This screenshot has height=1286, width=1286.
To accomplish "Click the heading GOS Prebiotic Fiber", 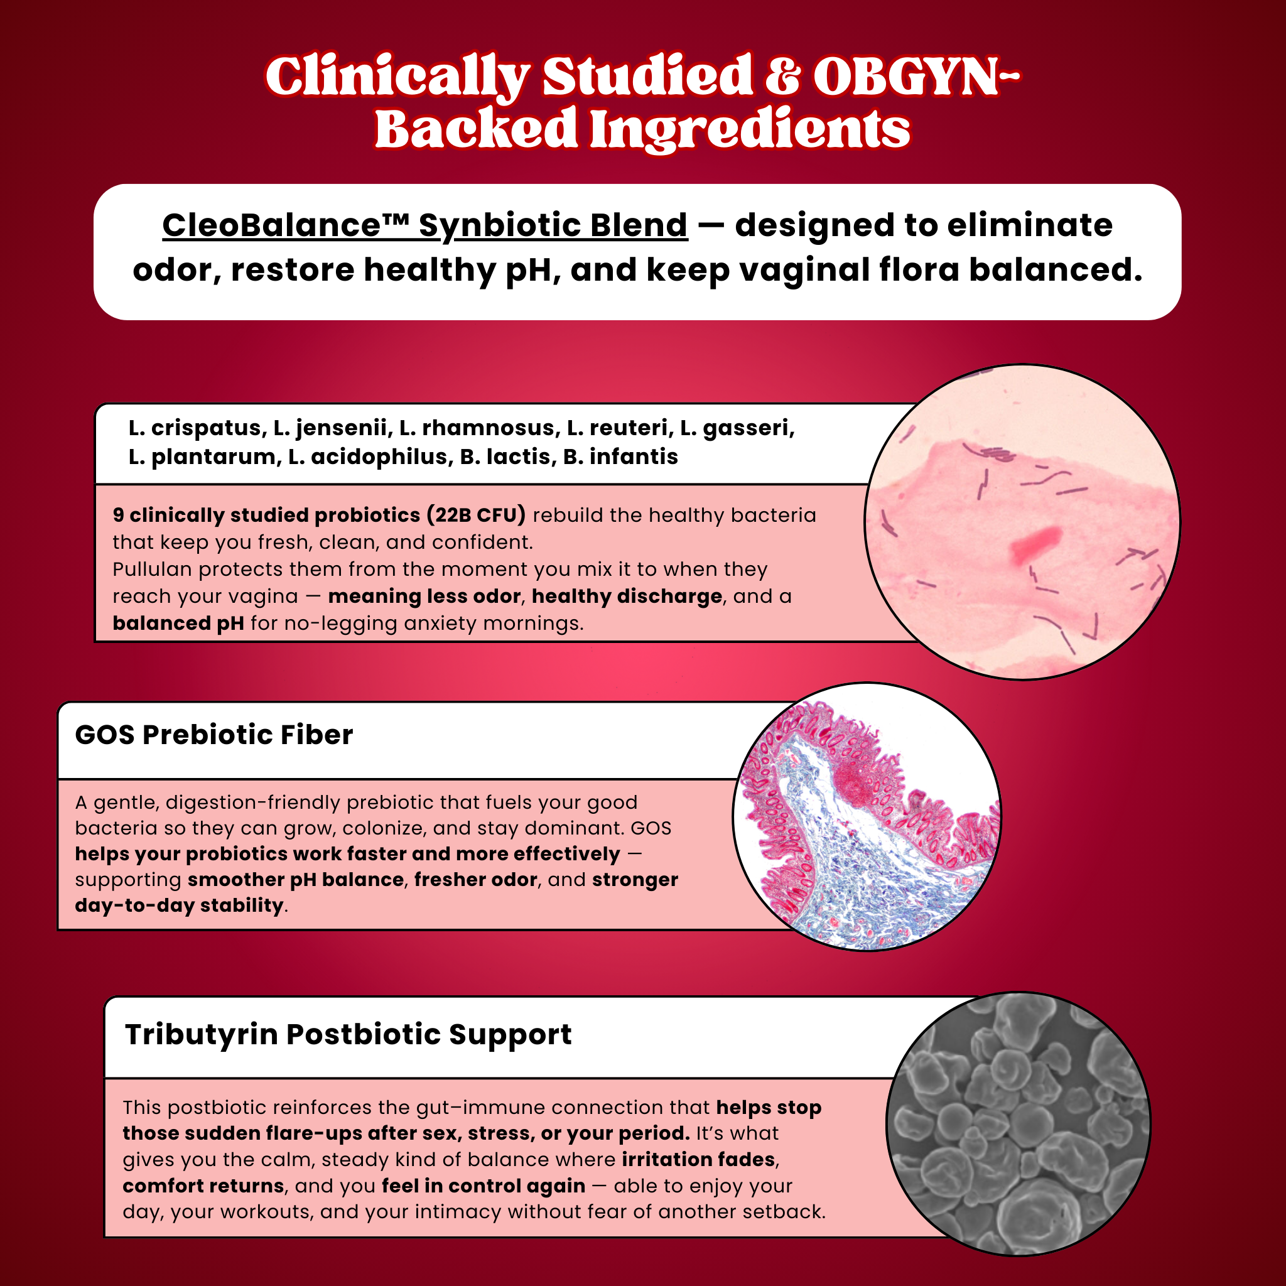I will click(213, 735).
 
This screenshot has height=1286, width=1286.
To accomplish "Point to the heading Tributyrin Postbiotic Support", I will click(348, 1034).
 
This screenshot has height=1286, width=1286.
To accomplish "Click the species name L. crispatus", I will click(197, 428).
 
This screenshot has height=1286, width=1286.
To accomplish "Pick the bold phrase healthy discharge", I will click(627, 597).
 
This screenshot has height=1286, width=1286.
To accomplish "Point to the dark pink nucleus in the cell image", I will click(1035, 544).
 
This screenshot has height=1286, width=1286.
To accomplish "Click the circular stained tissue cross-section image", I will click(867, 817).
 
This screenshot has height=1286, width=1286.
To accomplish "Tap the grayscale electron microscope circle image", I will click(1019, 1124).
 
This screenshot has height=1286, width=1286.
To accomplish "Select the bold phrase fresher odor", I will click(475, 880).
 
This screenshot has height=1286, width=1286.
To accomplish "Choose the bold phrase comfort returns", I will click(203, 1186).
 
